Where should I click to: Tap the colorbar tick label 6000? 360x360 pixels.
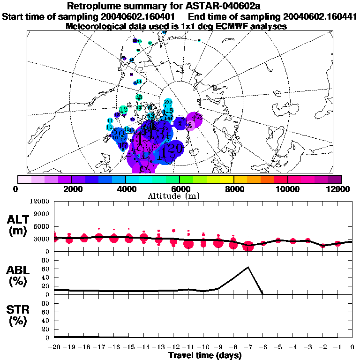(180, 189)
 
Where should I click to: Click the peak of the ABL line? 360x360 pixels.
(248, 267)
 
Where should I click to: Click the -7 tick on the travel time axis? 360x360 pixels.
(248, 347)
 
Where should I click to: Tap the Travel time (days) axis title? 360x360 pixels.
(205, 356)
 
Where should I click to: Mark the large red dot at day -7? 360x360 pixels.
(248, 246)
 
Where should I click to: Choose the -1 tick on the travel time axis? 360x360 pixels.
(337, 347)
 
